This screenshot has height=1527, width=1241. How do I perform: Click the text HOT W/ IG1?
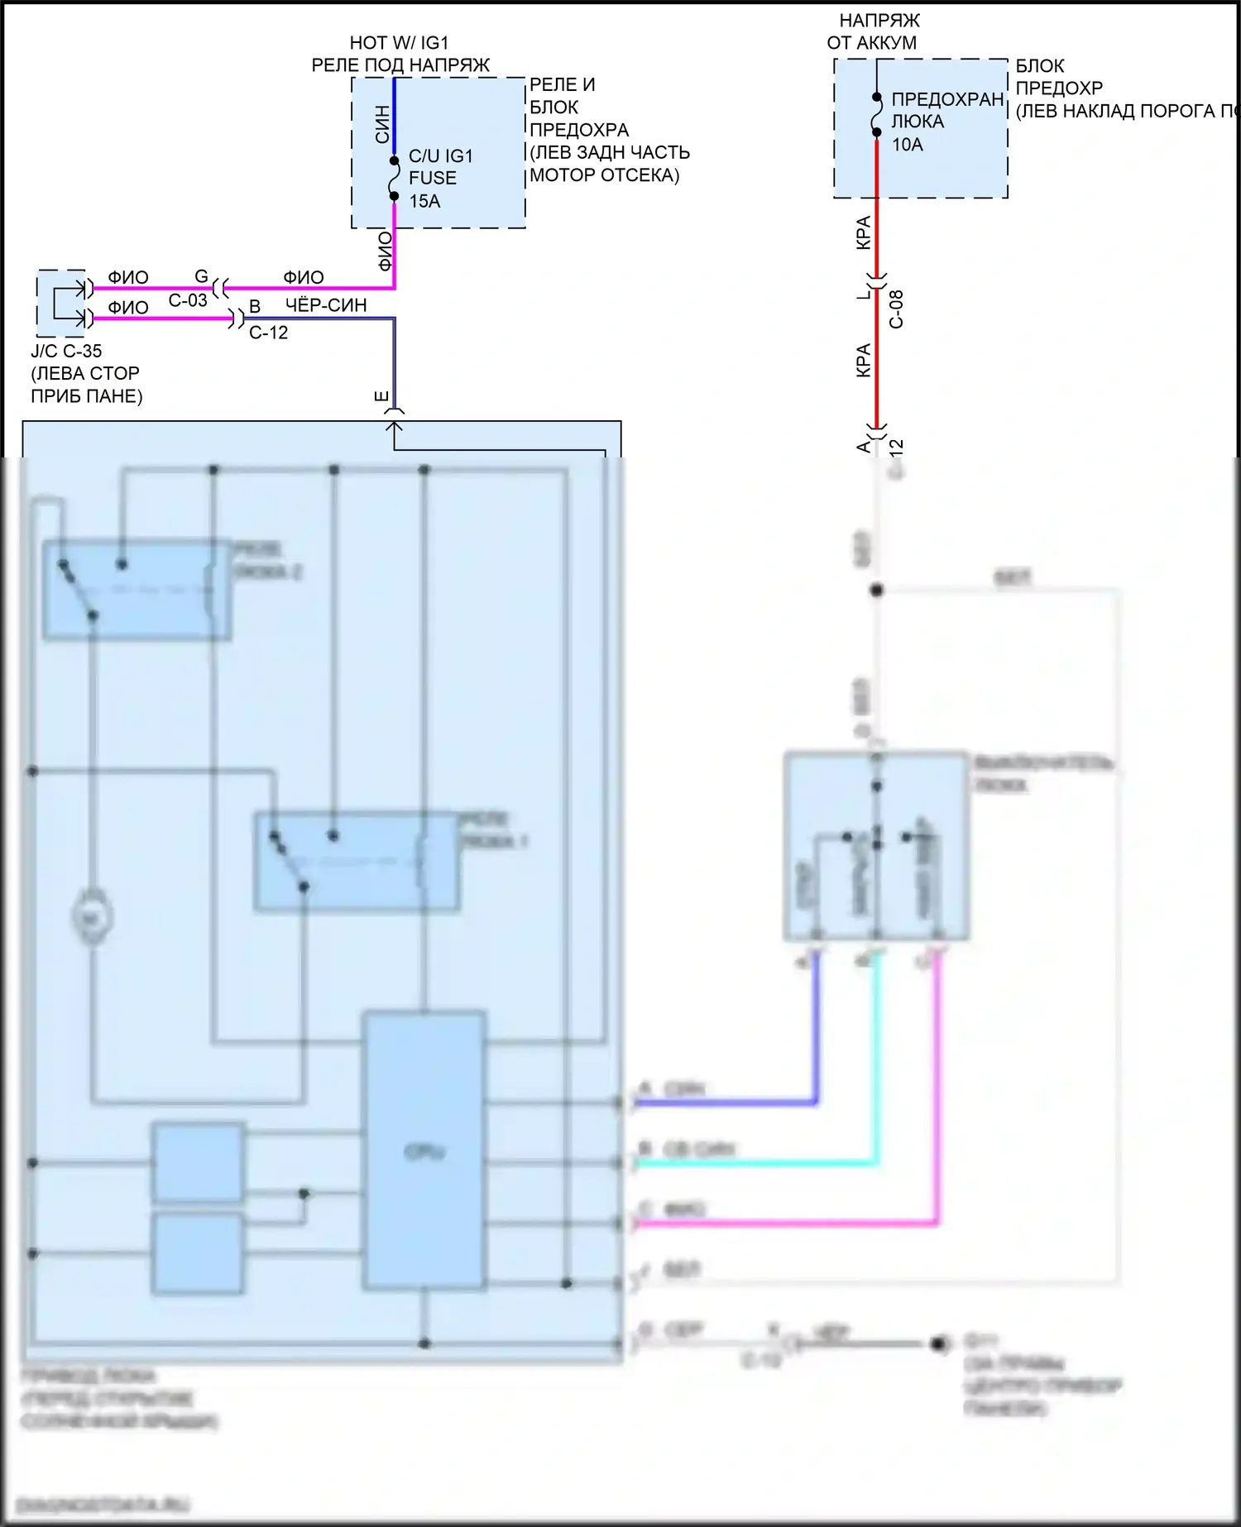click(399, 43)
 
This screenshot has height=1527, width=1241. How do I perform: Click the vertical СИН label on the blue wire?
click(382, 124)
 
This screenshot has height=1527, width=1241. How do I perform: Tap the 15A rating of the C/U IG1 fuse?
click(424, 201)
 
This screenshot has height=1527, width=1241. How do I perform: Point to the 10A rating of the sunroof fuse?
click(907, 145)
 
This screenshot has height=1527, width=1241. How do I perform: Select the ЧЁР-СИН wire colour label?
click(326, 305)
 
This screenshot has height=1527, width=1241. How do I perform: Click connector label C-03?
click(188, 300)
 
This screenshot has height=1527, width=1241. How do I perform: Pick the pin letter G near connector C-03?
click(201, 276)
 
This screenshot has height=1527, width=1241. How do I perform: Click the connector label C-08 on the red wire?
click(896, 309)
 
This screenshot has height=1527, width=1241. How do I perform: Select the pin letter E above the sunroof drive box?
click(381, 396)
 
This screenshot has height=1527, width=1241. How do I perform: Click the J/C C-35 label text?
click(66, 351)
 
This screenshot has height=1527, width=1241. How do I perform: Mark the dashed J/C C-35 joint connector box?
click(61, 303)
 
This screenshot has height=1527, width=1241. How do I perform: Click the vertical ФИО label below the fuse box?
click(385, 251)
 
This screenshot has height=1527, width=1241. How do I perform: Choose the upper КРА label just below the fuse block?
click(863, 232)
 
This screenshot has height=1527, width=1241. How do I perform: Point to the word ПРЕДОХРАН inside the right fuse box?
click(947, 99)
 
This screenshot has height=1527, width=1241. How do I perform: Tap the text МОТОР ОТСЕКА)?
click(604, 175)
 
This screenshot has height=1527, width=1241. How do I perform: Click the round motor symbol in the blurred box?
click(92, 917)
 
